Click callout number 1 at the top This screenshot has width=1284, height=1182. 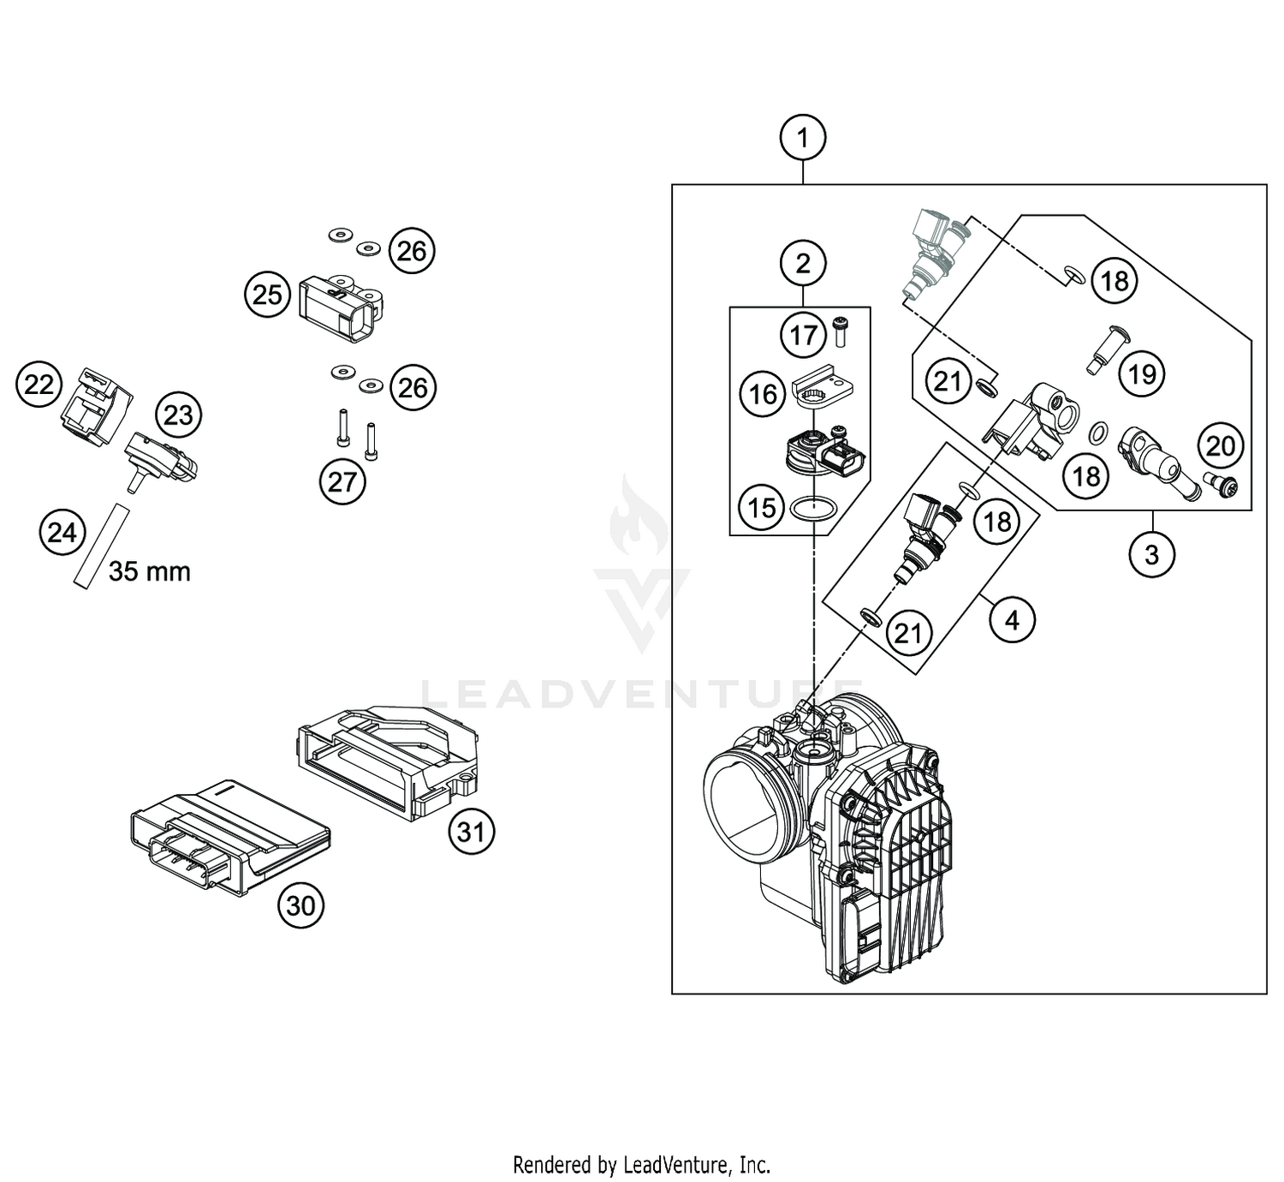[x=802, y=137]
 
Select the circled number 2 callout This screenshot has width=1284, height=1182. [x=802, y=263]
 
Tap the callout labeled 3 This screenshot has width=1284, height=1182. [x=1151, y=554]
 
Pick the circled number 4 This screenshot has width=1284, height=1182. [x=1012, y=619]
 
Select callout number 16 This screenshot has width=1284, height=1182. [x=763, y=394]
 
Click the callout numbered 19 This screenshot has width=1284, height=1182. [x=1142, y=373]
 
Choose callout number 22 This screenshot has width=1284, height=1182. [x=39, y=385]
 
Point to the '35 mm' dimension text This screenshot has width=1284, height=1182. [x=150, y=571]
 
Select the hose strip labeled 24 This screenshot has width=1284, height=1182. [x=99, y=546]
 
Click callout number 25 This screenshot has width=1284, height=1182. [x=267, y=295]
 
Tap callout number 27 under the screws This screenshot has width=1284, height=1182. [x=342, y=481]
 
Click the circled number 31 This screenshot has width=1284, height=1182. [x=471, y=831]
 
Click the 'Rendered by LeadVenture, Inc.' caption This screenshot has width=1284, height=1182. [x=641, y=1165]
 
